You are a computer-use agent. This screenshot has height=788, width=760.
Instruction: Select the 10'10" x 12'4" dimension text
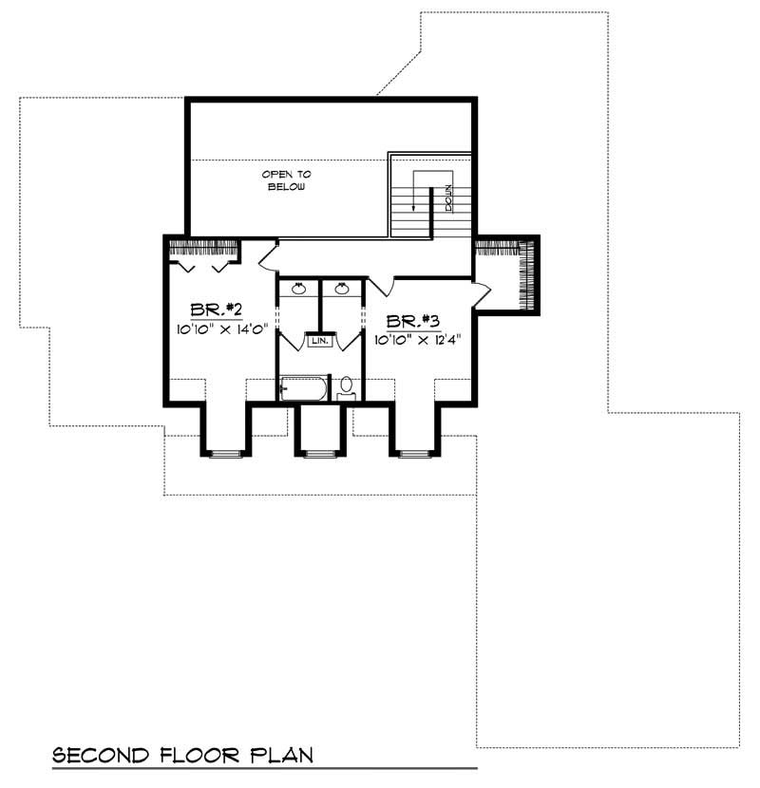[x=417, y=339]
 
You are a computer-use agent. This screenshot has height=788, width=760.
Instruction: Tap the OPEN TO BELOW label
[x=287, y=180]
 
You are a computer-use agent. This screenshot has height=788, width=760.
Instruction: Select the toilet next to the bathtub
[x=347, y=387]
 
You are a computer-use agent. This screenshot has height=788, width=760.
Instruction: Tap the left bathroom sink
[x=298, y=289]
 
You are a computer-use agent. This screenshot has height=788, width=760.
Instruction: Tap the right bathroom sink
[x=342, y=289]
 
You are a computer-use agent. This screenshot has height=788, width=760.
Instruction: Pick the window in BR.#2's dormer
[x=224, y=454]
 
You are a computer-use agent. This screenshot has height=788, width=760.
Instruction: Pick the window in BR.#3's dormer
[x=413, y=454]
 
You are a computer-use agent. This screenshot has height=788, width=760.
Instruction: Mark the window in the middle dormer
[x=318, y=454]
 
